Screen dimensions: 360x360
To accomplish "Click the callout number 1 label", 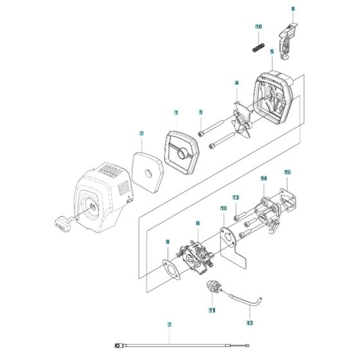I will click(x=174, y=113).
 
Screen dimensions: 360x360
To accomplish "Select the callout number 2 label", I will click(x=140, y=134).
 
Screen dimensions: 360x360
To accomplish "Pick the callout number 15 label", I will click(x=287, y=172).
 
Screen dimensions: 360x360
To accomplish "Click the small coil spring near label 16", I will click(x=258, y=48).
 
